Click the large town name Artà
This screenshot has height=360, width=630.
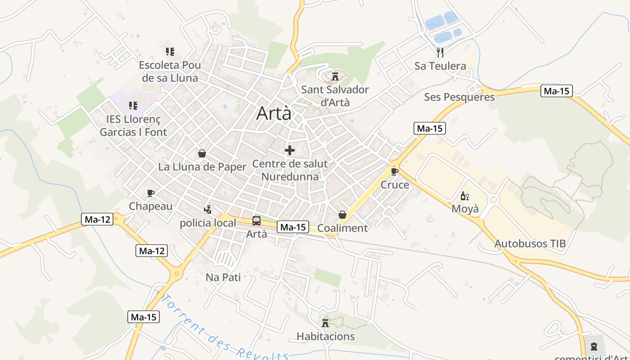tap(274, 113)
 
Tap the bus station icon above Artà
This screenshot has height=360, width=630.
tap(256, 221)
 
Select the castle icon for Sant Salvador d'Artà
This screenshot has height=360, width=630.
tap(335, 76)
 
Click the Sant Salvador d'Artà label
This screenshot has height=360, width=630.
tap(335, 96)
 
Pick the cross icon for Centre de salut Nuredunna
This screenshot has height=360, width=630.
tap(290, 150)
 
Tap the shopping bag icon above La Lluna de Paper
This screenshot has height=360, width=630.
tap(202, 154)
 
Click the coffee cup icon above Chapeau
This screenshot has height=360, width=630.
tap(151, 193)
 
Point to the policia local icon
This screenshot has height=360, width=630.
tap(207, 210)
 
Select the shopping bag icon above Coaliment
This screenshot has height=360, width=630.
tap(342, 215)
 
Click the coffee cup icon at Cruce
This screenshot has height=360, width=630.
tap(395, 171)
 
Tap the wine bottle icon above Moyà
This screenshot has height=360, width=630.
tap(465, 196)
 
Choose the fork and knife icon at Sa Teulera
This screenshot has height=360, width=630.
tap(440, 53)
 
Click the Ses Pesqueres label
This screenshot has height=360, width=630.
tap(459, 97)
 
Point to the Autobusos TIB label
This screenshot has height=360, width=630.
tap(530, 244)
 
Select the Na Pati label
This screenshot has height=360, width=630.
tap(223, 277)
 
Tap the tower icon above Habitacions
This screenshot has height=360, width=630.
tap(325, 323)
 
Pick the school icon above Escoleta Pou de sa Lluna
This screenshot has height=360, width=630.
tap(170, 52)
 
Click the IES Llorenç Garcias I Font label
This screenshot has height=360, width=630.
tap(133, 126)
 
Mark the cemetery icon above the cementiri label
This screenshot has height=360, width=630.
tap(594, 346)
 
